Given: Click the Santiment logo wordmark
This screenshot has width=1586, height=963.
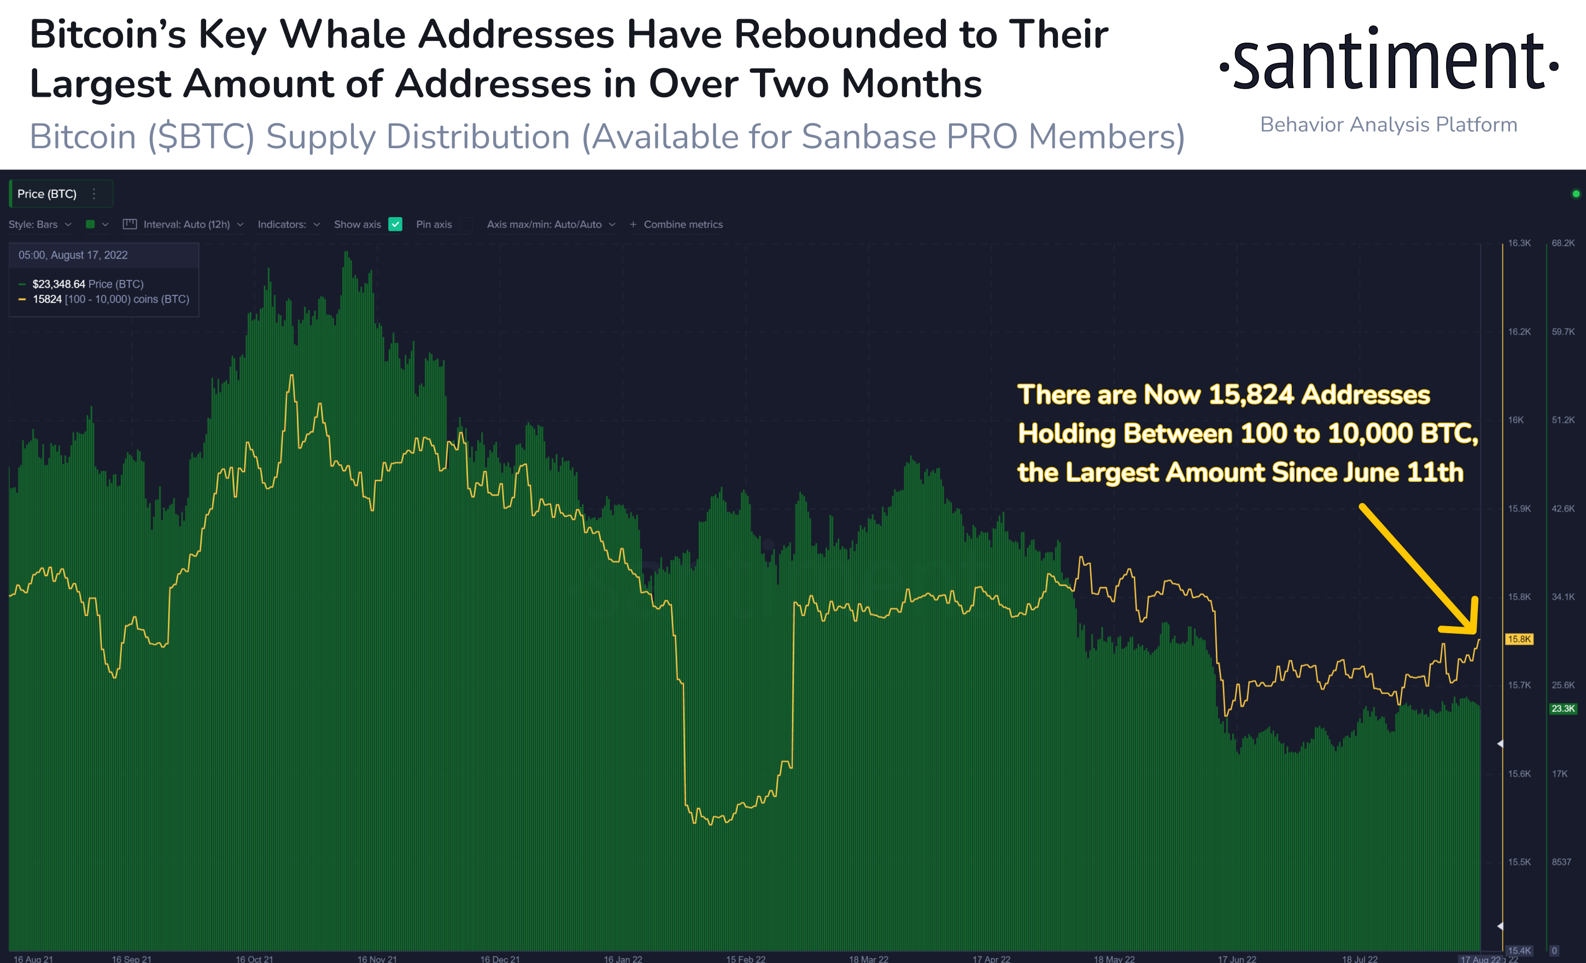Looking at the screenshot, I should coord(1389,61).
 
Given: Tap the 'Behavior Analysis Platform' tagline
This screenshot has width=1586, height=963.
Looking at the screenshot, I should coord(1389,124).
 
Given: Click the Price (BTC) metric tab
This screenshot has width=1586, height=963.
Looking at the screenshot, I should coord(47,194).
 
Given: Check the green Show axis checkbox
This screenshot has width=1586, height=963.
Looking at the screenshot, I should coord(395,224).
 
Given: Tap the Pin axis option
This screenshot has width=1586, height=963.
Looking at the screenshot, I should coord(434,224).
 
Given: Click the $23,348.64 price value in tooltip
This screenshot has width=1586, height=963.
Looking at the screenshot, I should coord(58,284).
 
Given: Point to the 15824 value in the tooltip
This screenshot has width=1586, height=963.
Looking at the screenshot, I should coord(47,299).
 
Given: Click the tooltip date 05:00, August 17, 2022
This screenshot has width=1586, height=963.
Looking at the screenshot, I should coord(73,255).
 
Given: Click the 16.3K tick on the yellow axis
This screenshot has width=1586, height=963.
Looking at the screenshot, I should coord(1519,243).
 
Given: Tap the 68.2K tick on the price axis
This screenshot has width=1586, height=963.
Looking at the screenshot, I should coord(1563,243).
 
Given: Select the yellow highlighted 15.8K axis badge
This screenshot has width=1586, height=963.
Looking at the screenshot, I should coord(1519,639).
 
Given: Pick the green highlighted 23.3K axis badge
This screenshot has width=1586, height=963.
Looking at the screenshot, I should coord(1563,709).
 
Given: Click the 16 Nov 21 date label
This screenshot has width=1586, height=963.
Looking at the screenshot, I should coord(377,959).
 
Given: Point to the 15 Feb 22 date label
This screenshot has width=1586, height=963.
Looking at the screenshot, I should coord(746,959).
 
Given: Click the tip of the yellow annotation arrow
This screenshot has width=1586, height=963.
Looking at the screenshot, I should coord(1474,632).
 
